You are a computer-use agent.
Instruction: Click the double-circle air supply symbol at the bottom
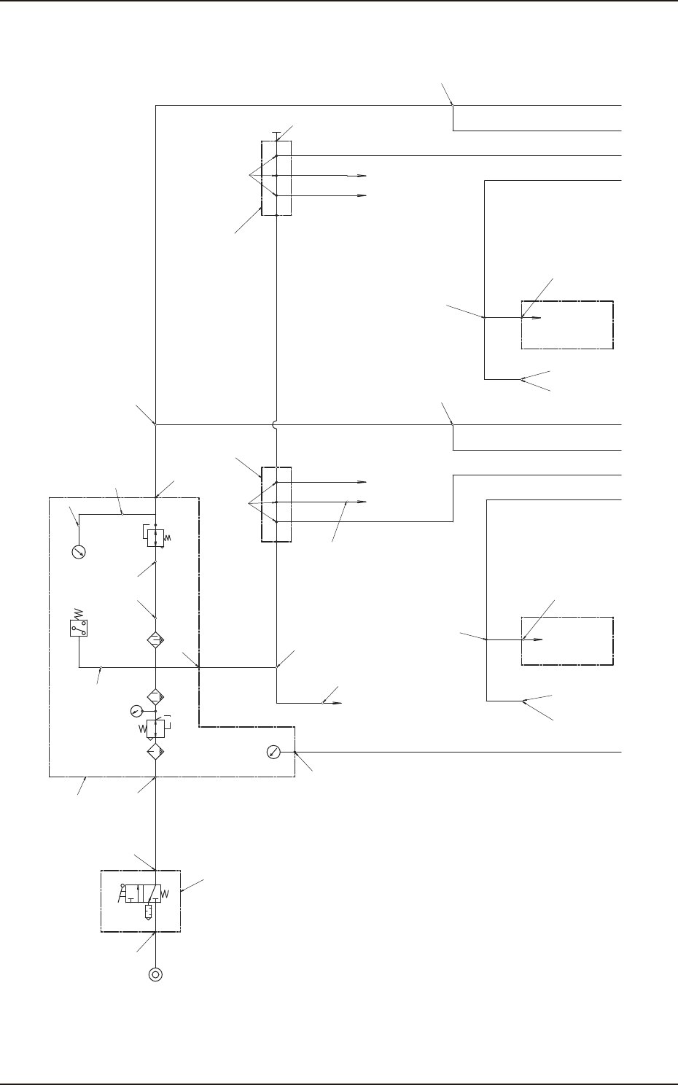tap(155, 974)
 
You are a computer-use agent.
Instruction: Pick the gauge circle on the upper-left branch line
tap(79, 552)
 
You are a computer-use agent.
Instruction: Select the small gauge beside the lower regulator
tap(135, 710)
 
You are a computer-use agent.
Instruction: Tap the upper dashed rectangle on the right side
tap(567, 324)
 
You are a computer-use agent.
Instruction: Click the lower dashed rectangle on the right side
tap(567, 641)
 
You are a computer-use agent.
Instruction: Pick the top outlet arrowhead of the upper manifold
tap(361, 176)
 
